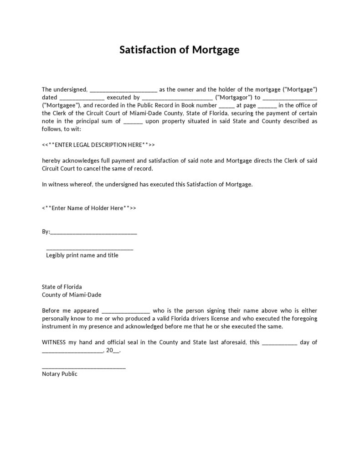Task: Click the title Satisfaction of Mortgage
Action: pos(180,50)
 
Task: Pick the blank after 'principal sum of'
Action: pos(133,122)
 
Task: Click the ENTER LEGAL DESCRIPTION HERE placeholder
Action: pos(98,145)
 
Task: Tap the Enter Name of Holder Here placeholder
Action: pos(89,208)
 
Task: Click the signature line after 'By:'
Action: pos(93,232)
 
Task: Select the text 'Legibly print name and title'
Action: pos(82,255)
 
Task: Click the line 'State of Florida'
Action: pos(62,287)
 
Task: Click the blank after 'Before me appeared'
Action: pos(126,311)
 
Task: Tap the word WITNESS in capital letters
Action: pos(54,342)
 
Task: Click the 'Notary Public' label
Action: pos(60,374)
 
